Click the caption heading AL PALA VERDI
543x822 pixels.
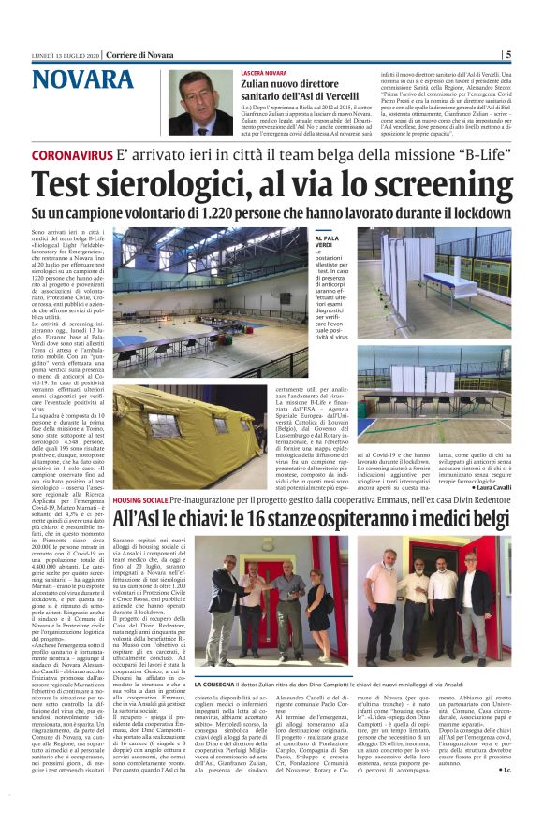coord(327,243)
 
